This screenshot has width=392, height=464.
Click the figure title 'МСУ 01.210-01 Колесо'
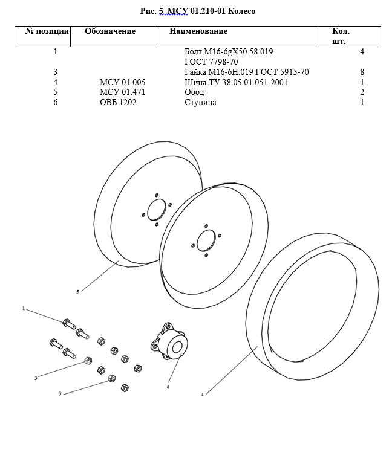pos(197,11)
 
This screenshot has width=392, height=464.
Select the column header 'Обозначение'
pos(110,31)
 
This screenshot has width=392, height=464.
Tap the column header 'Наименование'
pos(198,31)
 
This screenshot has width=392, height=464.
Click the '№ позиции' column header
pos(47,31)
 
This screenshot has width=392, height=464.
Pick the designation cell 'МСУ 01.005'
pos(123,82)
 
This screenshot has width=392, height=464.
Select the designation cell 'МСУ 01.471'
pos(123,92)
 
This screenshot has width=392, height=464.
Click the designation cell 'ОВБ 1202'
pos(118,103)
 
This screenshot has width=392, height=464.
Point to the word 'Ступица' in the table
pos(200,103)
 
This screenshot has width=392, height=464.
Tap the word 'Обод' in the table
pos(194,92)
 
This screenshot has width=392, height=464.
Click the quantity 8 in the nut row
pos(362,72)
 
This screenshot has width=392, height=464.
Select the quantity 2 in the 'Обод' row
pos(362,92)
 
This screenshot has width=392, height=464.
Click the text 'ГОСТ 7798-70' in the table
pos(211,62)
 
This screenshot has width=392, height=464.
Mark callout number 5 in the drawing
pos(77,292)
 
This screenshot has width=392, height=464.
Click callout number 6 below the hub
pos(168,387)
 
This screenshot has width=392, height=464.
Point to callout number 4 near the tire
pos(203,394)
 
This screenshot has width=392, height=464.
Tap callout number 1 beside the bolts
pos(24,309)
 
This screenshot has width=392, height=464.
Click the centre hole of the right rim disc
pos(206,240)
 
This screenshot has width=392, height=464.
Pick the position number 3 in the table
pos(55,72)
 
